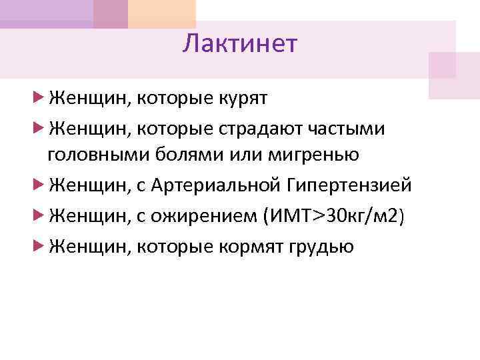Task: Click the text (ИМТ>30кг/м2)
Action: (334, 216)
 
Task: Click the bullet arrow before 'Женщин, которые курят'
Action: (38, 99)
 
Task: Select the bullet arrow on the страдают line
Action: (38, 127)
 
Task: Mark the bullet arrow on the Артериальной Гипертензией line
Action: (38, 185)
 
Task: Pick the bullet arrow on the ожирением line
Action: (38, 216)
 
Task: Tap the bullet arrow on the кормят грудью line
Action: (38, 246)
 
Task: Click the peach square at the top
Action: (162, 13)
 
